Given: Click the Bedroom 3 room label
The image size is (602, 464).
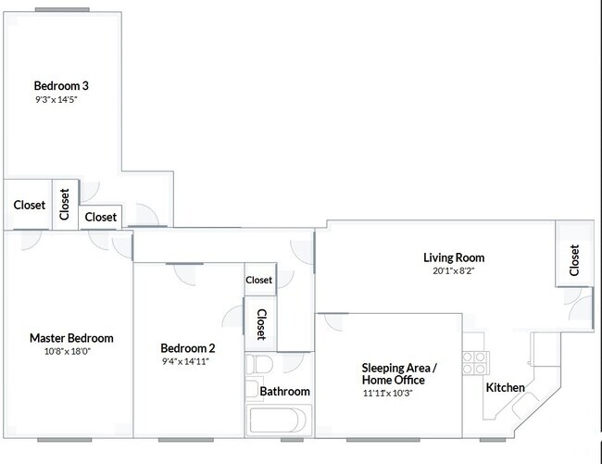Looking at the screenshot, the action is pyautogui.click(x=61, y=85).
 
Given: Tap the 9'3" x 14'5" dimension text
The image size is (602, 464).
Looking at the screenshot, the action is pyautogui.click(x=56, y=100).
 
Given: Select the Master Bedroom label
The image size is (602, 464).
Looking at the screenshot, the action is pyautogui.click(x=71, y=338).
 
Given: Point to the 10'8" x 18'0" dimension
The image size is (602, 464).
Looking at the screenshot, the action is pyautogui.click(x=68, y=351).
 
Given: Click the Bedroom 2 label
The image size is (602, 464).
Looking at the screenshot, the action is pyautogui.click(x=188, y=348).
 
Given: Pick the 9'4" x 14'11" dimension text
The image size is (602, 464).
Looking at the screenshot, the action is pyautogui.click(x=185, y=361).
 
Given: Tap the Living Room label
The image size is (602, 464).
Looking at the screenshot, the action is pyautogui.click(x=454, y=257).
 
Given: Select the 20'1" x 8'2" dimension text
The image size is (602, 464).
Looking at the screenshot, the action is pyautogui.click(x=454, y=271).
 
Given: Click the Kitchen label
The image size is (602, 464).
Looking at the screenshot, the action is pyautogui.click(x=506, y=388).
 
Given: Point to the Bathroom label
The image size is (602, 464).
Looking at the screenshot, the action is pyautogui.click(x=284, y=392).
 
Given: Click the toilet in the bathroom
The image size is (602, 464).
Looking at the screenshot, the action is pyautogui.click(x=259, y=364).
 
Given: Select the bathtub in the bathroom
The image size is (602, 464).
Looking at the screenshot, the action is pyautogui.click(x=278, y=420).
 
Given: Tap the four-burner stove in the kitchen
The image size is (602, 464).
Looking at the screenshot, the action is pyautogui.click(x=475, y=363).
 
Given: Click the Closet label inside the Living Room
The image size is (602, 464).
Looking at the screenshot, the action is pyautogui.click(x=574, y=260).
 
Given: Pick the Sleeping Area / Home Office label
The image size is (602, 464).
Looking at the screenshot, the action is pyautogui.click(x=399, y=374).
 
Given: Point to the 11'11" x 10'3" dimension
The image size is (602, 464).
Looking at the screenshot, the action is pyautogui.click(x=387, y=394).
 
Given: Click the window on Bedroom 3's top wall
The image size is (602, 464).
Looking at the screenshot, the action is pyautogui.click(x=62, y=9).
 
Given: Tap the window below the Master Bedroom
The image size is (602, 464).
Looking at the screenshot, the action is pyautogui.click(x=65, y=440).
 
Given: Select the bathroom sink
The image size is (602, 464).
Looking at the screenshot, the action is pyautogui.click(x=253, y=389).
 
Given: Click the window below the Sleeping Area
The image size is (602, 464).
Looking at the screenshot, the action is pyautogui.click(x=383, y=440).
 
